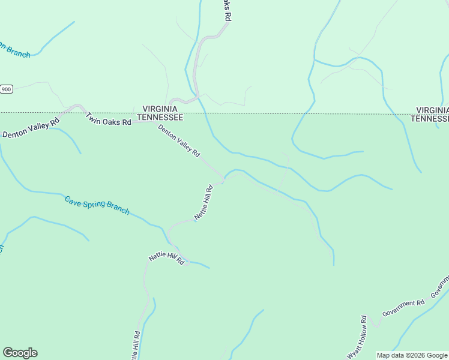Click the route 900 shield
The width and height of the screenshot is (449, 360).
pos(6,89)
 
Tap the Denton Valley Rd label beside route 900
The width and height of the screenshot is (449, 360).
pos(31,127)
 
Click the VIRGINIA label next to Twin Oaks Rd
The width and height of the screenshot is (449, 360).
pos(160,109)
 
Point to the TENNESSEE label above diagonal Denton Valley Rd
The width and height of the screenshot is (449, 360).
pos(160,117)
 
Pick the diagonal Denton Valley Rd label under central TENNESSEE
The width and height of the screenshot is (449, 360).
pos(179,141)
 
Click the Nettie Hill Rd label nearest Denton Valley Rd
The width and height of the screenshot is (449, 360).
pos(203,202)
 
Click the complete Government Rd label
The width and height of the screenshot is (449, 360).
pos(403,308)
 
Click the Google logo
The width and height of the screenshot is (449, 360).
pos(20,353)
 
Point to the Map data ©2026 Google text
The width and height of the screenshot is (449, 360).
pos(412,355)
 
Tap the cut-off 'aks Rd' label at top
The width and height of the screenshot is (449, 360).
pos(226,11)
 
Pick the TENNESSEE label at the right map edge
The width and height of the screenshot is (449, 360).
pos(430,119)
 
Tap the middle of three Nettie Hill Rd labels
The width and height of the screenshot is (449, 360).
pos(166,259)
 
